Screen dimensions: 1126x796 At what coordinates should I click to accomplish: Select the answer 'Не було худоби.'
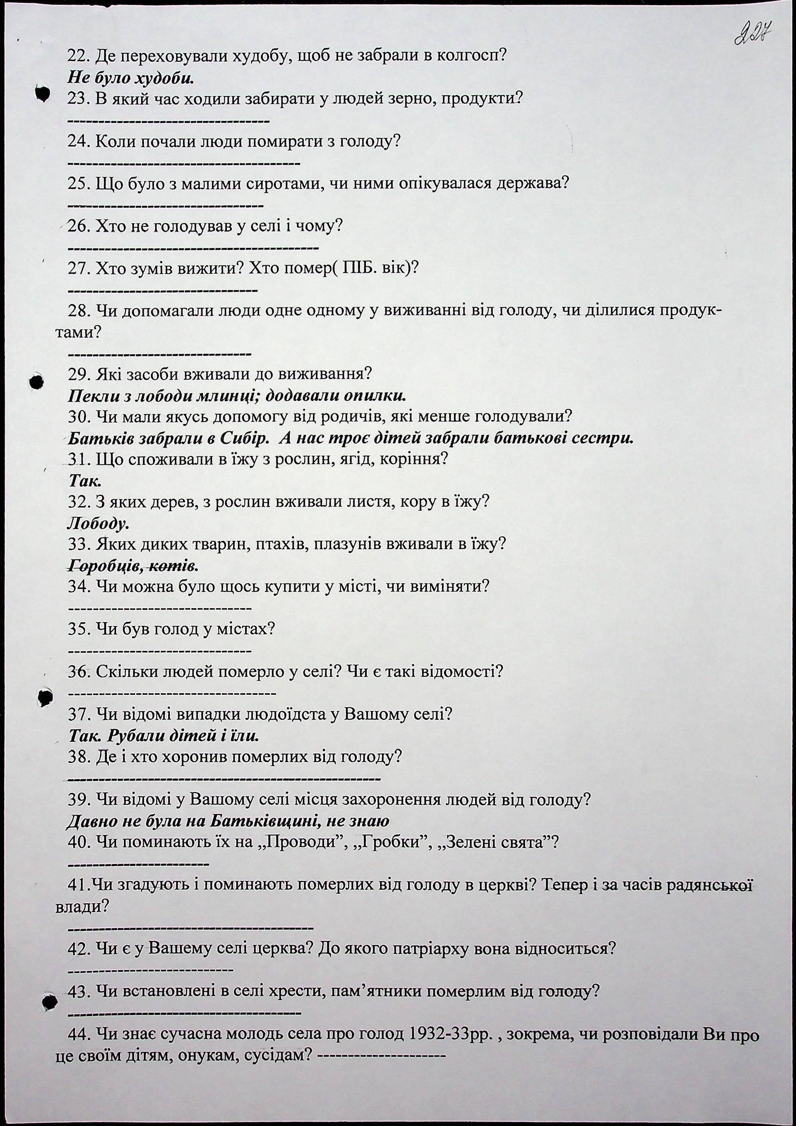click(x=130, y=77)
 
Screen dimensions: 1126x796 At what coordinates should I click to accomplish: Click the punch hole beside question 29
click(x=36, y=382)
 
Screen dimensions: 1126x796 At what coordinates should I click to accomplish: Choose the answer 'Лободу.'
click(x=98, y=523)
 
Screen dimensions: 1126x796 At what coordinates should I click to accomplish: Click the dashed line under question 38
click(x=224, y=779)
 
